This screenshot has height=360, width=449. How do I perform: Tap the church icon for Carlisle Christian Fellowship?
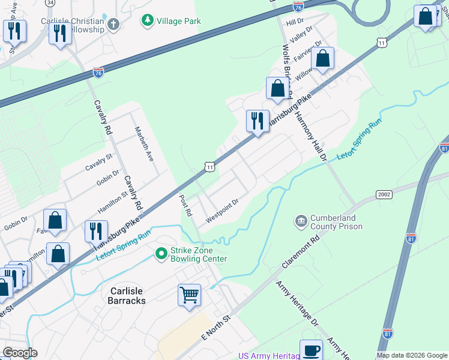114,25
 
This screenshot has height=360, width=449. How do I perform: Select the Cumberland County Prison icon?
300,222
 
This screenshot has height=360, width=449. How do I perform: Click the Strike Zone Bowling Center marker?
161,254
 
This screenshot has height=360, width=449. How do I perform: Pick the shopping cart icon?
189,295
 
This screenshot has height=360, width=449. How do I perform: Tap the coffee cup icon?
311,350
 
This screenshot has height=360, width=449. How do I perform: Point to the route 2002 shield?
384,194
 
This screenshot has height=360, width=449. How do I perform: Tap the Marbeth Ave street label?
144,143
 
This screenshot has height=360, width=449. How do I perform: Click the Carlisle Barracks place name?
127,295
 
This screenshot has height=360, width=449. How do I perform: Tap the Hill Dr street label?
295,22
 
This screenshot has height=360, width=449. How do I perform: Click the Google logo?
20,353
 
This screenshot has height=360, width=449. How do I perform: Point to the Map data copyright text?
411,355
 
